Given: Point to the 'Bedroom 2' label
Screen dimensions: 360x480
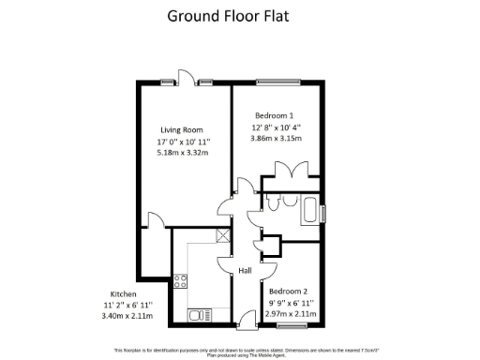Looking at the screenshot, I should (290, 292).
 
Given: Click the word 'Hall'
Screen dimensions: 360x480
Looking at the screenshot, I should (245, 271).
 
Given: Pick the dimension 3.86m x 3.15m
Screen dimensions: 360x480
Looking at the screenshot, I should (276, 138).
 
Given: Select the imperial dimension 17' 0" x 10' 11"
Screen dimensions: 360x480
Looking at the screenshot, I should (181, 142).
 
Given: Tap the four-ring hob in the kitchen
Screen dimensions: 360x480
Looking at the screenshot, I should (181, 279).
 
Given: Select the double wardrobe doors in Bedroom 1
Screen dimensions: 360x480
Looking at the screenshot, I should (292, 171).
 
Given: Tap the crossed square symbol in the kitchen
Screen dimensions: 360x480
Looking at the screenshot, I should (222, 236).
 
